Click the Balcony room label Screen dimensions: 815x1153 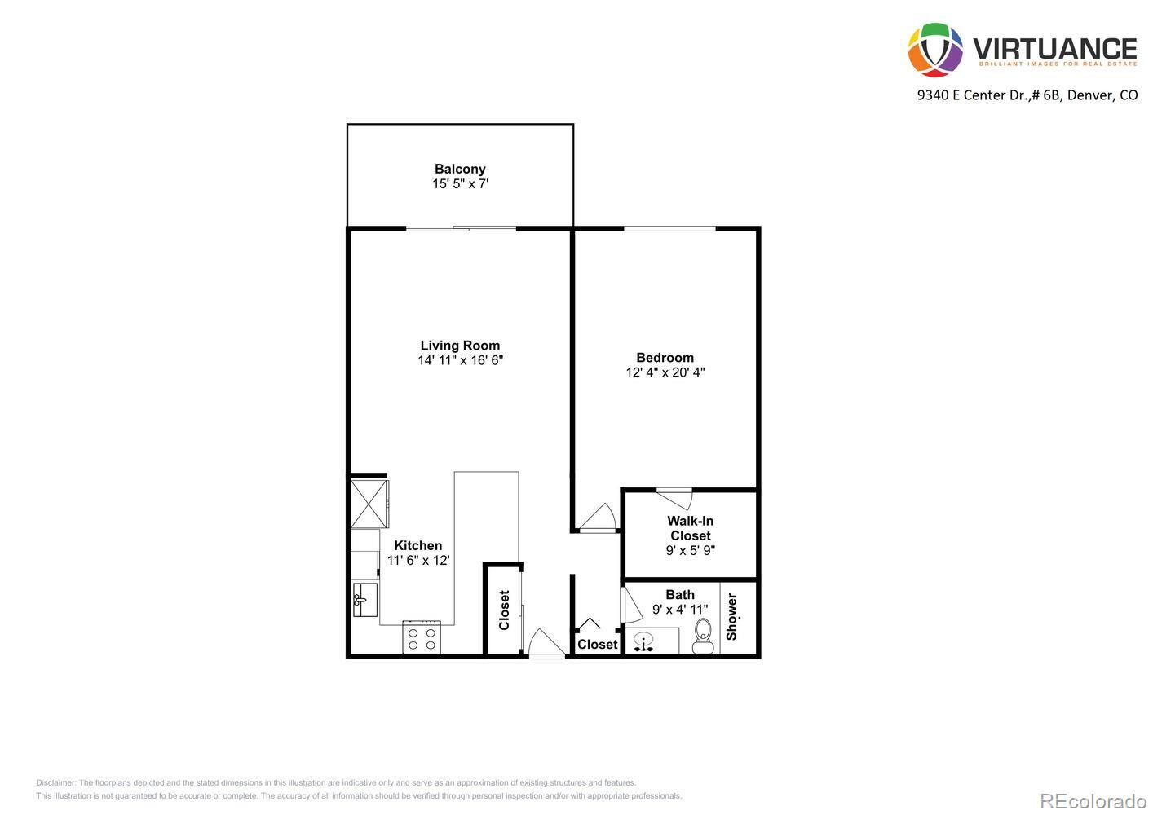(460, 170)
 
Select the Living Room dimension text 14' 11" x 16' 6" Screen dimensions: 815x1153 (460, 360)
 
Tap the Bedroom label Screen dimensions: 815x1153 (665, 357)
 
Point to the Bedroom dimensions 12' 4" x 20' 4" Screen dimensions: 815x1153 (665, 372)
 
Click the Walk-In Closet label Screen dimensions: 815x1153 (690, 528)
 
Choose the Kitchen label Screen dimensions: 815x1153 (417, 545)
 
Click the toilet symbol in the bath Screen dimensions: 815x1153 (702, 637)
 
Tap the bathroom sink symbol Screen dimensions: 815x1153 (645, 641)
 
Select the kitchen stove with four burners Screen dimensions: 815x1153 (422, 637)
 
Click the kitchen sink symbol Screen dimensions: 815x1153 (364, 601)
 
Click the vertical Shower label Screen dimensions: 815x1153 (731, 616)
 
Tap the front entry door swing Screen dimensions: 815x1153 (546, 643)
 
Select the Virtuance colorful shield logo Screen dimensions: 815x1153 (935, 50)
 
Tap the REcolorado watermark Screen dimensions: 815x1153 (1093, 800)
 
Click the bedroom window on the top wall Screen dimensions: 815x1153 (669, 228)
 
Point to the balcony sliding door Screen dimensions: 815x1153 (461, 228)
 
